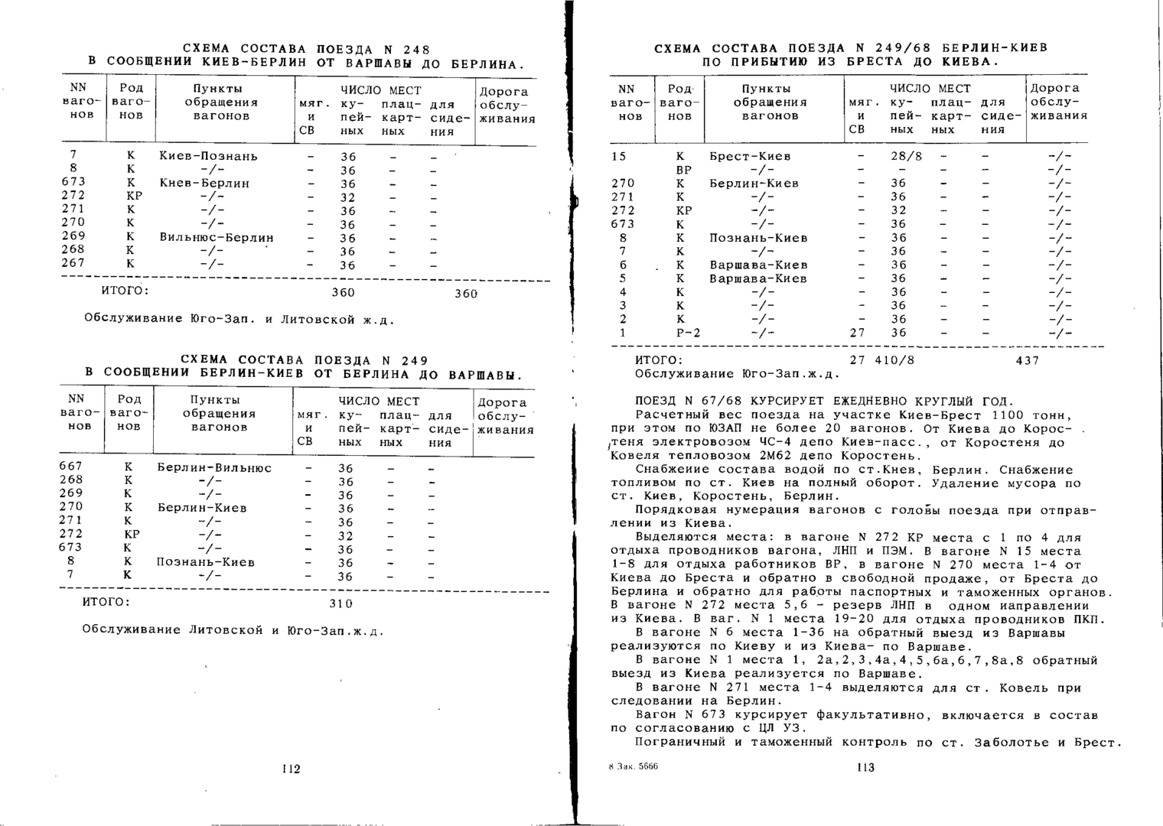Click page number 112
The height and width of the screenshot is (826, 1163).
coord(291,769)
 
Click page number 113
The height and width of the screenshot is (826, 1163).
coord(865,767)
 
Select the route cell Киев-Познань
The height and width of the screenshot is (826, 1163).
coord(208,156)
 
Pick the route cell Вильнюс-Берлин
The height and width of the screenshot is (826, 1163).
coord(217,237)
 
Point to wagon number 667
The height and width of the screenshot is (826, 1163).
coord(70,467)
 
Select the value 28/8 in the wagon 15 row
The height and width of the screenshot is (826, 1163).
coord(907,156)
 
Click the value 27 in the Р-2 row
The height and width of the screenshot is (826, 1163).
coord(857,333)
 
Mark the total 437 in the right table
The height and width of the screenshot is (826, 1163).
coord(1027,360)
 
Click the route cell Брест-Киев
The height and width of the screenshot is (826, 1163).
coord(750,156)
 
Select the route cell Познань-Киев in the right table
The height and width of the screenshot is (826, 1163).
coord(758,238)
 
